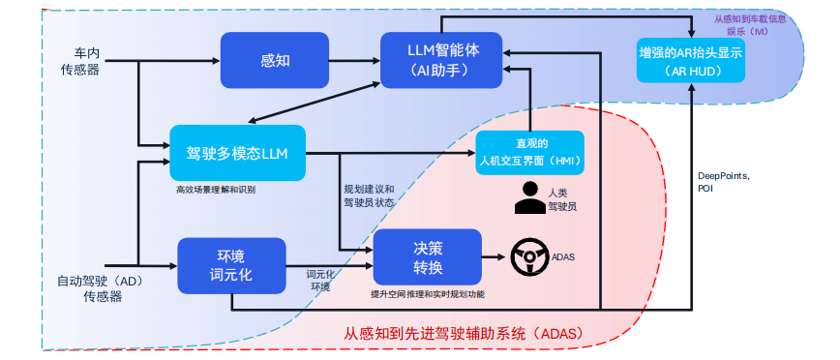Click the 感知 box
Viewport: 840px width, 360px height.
[270, 59]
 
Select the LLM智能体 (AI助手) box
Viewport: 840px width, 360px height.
[442, 59]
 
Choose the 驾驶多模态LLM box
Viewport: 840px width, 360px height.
[237, 152]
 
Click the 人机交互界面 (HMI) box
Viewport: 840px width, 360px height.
[530, 153]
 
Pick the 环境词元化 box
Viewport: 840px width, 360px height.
[232, 264]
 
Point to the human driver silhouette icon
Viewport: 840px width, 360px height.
[528, 197]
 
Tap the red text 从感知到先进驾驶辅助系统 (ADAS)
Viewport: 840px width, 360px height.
[464, 332]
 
